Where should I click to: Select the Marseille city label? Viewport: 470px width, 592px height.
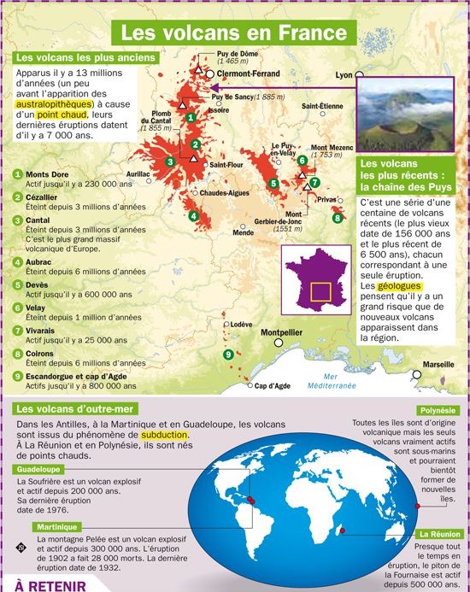pos(438,365)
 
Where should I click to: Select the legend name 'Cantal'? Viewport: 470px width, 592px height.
pos(38,220)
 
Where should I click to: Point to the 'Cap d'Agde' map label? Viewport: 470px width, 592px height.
pos(273,386)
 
